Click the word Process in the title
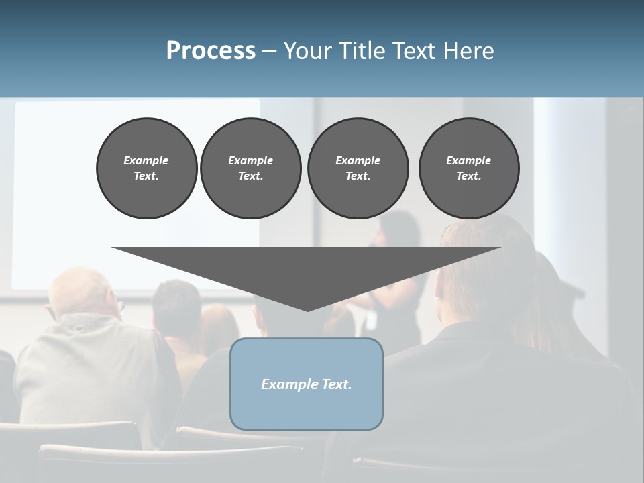211,51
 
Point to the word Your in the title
305,51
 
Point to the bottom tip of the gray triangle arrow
307,309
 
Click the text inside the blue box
307,384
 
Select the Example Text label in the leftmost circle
146,168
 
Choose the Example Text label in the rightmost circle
469,168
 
